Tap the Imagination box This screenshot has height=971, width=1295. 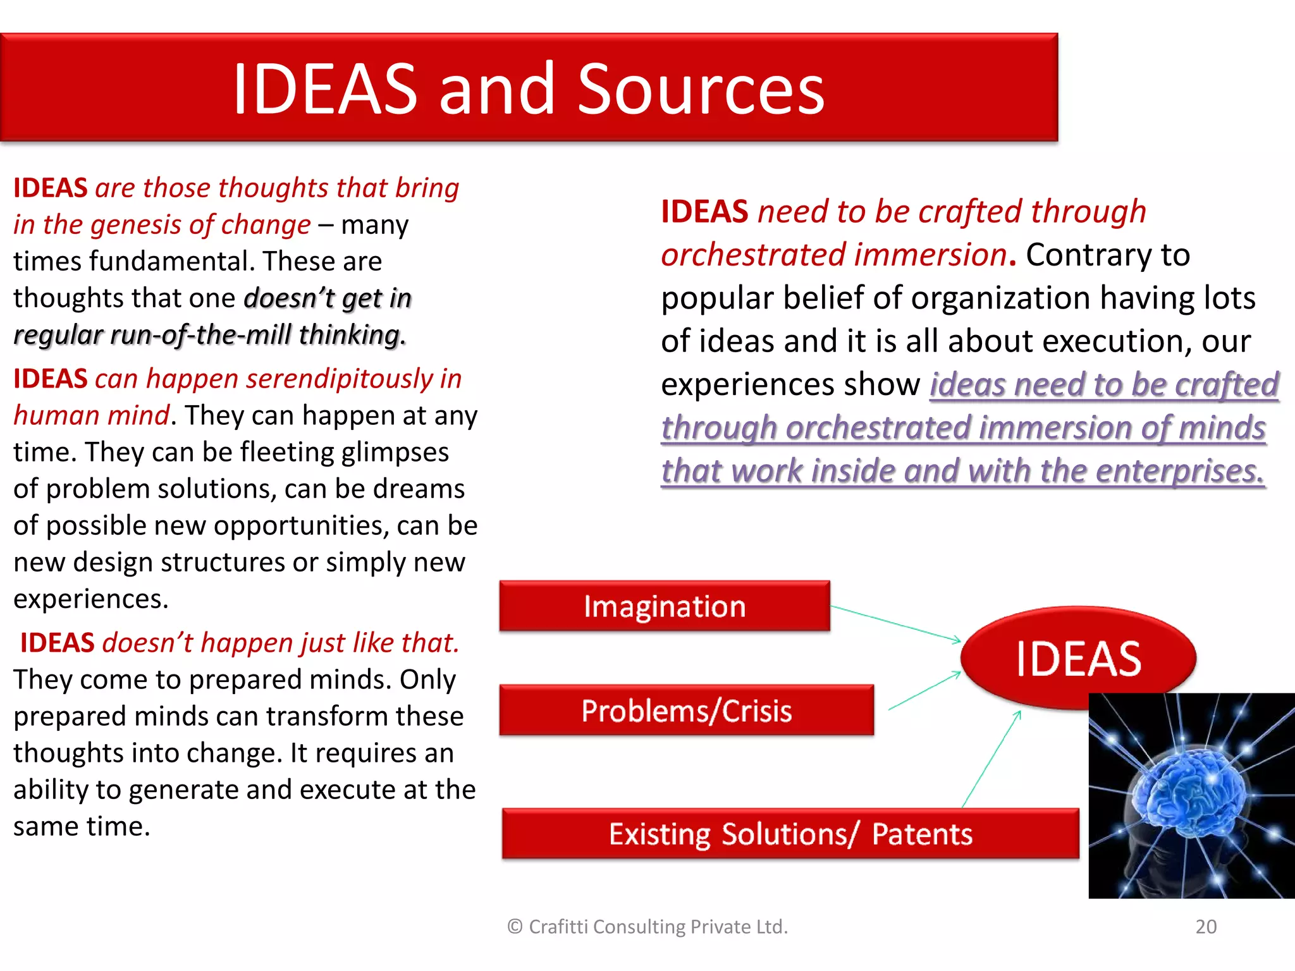(664, 606)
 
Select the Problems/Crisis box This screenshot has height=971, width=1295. (686, 711)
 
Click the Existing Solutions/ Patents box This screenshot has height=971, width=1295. (790, 834)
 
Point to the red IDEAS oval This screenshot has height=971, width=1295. (1078, 657)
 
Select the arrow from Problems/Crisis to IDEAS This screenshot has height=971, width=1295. (924, 690)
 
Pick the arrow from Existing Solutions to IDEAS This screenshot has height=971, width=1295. (991, 759)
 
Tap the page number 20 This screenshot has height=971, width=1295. (1206, 927)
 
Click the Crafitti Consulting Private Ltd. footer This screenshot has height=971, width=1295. (647, 927)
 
